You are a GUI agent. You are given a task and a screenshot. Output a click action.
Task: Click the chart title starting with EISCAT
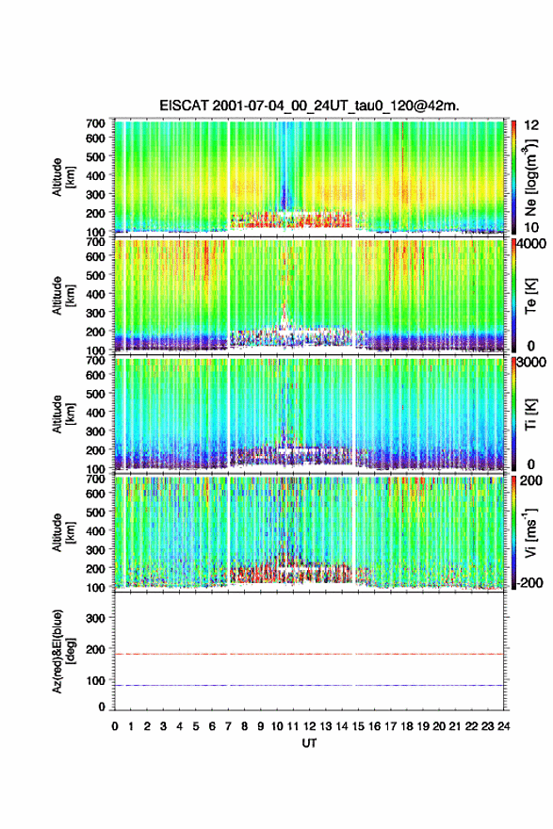click(x=309, y=106)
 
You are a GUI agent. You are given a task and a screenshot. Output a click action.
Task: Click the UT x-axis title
click(x=309, y=743)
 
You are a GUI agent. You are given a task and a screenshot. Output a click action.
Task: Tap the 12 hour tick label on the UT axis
click(x=309, y=726)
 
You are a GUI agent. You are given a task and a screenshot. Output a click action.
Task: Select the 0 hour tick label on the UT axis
click(x=115, y=726)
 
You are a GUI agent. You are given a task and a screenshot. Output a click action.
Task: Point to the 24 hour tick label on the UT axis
click(x=503, y=726)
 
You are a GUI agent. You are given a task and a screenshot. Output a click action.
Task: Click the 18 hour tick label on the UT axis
click(x=407, y=726)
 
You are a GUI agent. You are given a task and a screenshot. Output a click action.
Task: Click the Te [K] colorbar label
click(x=530, y=296)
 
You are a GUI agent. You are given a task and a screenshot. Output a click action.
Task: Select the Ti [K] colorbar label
click(x=530, y=414)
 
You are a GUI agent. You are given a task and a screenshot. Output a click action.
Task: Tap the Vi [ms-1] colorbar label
click(x=530, y=532)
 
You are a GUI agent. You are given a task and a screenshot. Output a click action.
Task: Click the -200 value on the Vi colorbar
click(x=529, y=582)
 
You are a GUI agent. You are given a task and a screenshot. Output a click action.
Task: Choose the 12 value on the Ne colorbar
click(x=531, y=125)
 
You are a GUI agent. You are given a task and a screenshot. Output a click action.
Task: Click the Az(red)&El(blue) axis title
click(x=63, y=651)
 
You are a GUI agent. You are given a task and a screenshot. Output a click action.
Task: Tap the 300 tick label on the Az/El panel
click(x=96, y=618)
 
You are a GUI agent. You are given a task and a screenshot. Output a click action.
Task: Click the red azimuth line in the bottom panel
click(x=309, y=654)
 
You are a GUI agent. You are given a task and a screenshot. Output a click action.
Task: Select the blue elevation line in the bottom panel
click(x=309, y=685)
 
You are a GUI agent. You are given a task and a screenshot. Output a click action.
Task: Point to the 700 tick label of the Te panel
click(x=96, y=241)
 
